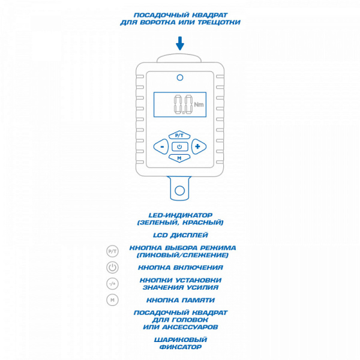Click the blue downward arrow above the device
(x=180, y=43)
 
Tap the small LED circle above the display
(x=180, y=77)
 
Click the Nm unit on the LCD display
(x=199, y=104)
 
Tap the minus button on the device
(x=161, y=146)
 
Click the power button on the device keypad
(x=179, y=146)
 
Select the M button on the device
(x=179, y=158)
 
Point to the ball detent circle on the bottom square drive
(x=179, y=191)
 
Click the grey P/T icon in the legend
(x=113, y=251)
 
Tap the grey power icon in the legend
(x=113, y=268)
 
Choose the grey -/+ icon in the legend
(x=113, y=284)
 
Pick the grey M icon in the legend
(x=113, y=300)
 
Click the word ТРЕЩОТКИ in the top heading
(x=219, y=22)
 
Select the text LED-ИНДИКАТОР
(x=181, y=215)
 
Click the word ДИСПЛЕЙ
(x=190, y=235)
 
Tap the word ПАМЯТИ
(x=199, y=300)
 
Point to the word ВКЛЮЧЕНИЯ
(x=198, y=268)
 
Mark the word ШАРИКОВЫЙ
(x=181, y=340)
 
